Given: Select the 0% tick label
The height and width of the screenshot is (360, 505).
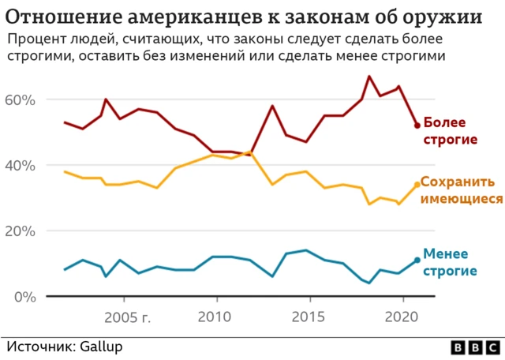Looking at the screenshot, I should pos(24,297).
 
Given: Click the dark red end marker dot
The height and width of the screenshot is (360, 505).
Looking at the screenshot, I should pos(417,126).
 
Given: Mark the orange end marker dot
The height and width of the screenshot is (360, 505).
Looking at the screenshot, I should pos(417,185).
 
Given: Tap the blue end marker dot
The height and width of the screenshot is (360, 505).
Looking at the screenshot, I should pos(417,261).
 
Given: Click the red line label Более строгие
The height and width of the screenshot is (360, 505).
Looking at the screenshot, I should pos(451,131).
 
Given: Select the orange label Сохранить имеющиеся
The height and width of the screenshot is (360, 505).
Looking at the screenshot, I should pos(461,190).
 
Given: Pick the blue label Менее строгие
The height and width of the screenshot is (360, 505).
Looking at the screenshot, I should pos(450,262).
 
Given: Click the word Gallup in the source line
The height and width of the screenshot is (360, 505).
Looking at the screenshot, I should pos(100,346).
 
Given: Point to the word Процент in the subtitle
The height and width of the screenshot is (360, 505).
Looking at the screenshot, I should pos(32,39).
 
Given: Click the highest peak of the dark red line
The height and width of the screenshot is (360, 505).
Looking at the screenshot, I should pos(369,76).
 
